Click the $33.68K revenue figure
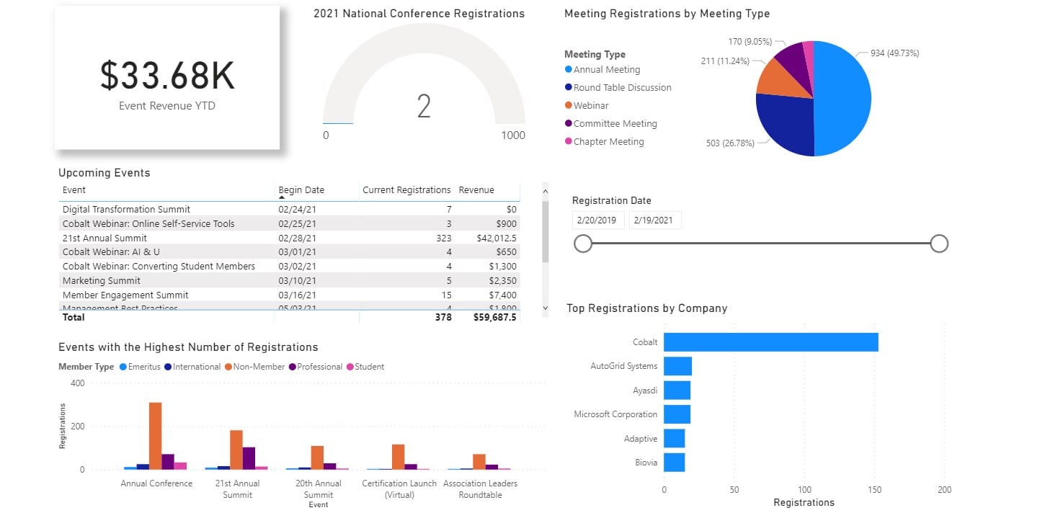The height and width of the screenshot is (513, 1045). pos(167,76)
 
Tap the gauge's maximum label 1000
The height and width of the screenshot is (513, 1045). pos(513,135)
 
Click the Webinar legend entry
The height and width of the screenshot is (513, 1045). pos(590,106)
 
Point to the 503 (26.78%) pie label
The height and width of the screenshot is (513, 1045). pos(730,143)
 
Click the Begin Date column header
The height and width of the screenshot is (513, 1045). pos(301,190)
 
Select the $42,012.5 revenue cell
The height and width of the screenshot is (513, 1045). pos(496,238)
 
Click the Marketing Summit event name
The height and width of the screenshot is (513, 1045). pos(102,281)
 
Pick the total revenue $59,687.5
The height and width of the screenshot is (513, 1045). pos(494,317)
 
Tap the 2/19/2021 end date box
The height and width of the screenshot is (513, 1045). pos(654,220)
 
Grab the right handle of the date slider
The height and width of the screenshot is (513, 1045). pos(938,244)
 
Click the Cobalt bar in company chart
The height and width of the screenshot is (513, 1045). pos(770,342)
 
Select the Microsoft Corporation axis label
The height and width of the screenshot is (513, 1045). pos(615,414)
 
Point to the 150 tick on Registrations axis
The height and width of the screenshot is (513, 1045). pos(874,490)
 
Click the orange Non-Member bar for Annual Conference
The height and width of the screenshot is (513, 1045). pos(156,436)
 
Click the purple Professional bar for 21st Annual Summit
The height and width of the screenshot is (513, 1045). pos(249,458)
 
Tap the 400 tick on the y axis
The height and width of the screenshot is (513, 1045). pos(77,383)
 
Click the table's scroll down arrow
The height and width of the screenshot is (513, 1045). pos(545,308)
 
